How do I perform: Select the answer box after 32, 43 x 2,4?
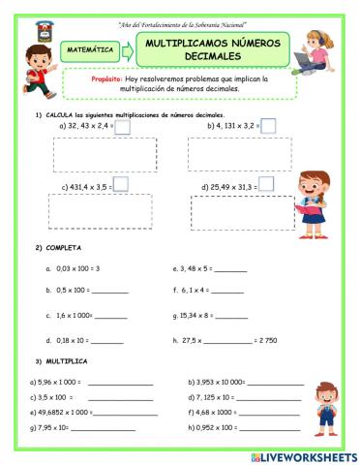(124, 126)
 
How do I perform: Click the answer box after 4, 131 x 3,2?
(268, 126)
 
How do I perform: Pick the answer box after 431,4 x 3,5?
(121, 183)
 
